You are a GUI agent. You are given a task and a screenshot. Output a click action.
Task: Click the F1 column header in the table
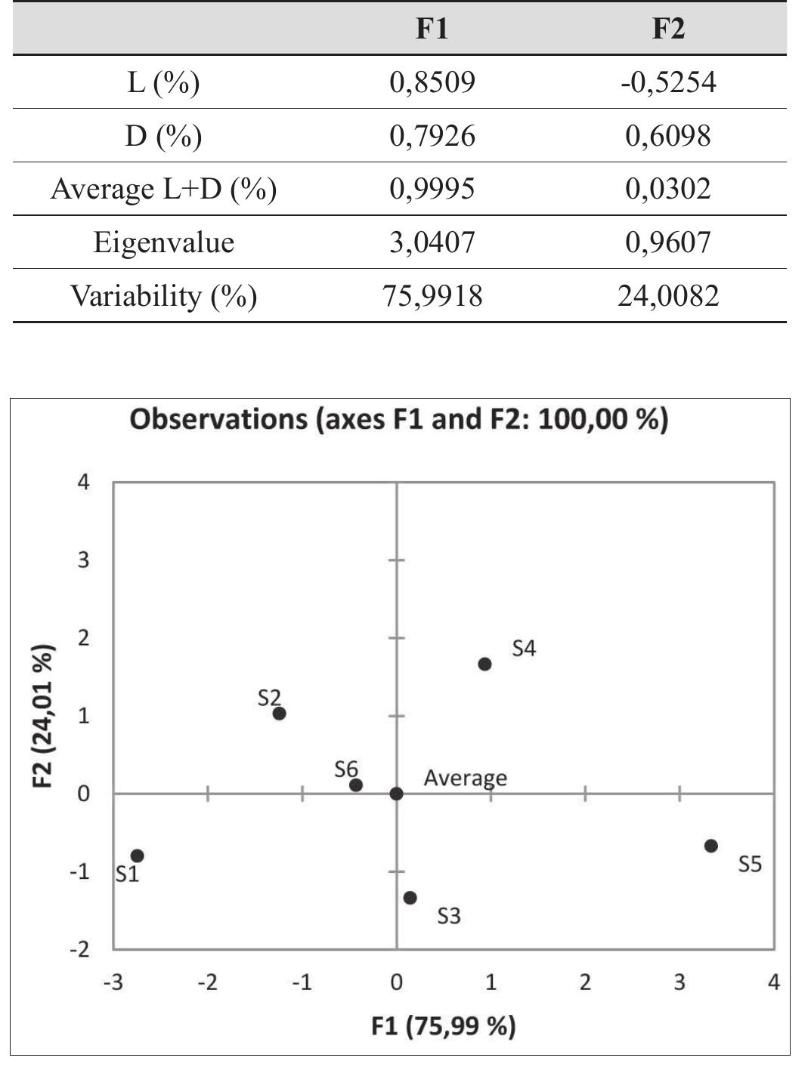click(x=432, y=29)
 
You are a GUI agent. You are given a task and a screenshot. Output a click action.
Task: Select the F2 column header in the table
click(x=668, y=29)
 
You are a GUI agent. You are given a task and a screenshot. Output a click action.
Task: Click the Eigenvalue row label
click(x=163, y=242)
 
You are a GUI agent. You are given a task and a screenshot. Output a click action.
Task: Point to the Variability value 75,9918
click(x=432, y=295)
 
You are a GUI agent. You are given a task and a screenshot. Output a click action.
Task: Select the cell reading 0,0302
click(x=668, y=189)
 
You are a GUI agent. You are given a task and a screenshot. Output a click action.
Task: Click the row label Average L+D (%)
click(x=163, y=189)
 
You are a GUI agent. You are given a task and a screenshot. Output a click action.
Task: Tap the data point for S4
click(x=484, y=665)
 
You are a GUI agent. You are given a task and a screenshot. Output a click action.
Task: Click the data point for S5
click(x=711, y=846)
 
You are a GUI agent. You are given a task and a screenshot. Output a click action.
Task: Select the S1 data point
click(x=137, y=856)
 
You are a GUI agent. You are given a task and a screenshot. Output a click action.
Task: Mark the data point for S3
click(x=410, y=898)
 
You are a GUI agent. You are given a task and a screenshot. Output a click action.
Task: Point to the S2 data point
click(x=279, y=714)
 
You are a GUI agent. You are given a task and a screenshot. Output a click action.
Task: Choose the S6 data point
click(x=356, y=785)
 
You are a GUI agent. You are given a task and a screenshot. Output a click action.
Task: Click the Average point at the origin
click(x=396, y=794)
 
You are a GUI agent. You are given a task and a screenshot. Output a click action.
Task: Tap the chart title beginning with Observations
click(x=398, y=418)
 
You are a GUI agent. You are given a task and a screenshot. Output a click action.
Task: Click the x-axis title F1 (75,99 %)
click(x=444, y=1026)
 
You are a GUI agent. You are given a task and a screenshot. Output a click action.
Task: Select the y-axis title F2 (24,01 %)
click(x=44, y=715)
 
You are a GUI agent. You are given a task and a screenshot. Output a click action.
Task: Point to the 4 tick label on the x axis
click(x=773, y=982)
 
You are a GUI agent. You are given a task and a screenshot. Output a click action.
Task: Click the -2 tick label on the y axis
click(x=79, y=949)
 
